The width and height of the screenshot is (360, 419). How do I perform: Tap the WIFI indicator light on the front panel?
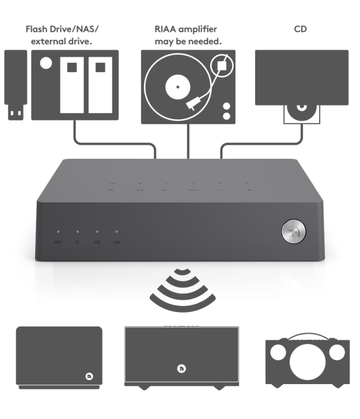[x=58, y=232]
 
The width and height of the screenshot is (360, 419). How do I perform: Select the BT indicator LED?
[x=77, y=232]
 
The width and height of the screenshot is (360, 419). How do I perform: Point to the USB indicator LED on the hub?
[x=97, y=232]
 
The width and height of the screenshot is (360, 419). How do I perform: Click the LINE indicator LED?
[x=117, y=232]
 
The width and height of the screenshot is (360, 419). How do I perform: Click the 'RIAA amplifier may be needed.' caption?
[x=188, y=35]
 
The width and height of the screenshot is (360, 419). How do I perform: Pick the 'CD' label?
[x=301, y=29]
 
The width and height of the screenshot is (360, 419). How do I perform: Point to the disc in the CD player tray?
[x=301, y=109]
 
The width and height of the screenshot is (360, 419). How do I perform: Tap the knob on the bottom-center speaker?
[x=182, y=369]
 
